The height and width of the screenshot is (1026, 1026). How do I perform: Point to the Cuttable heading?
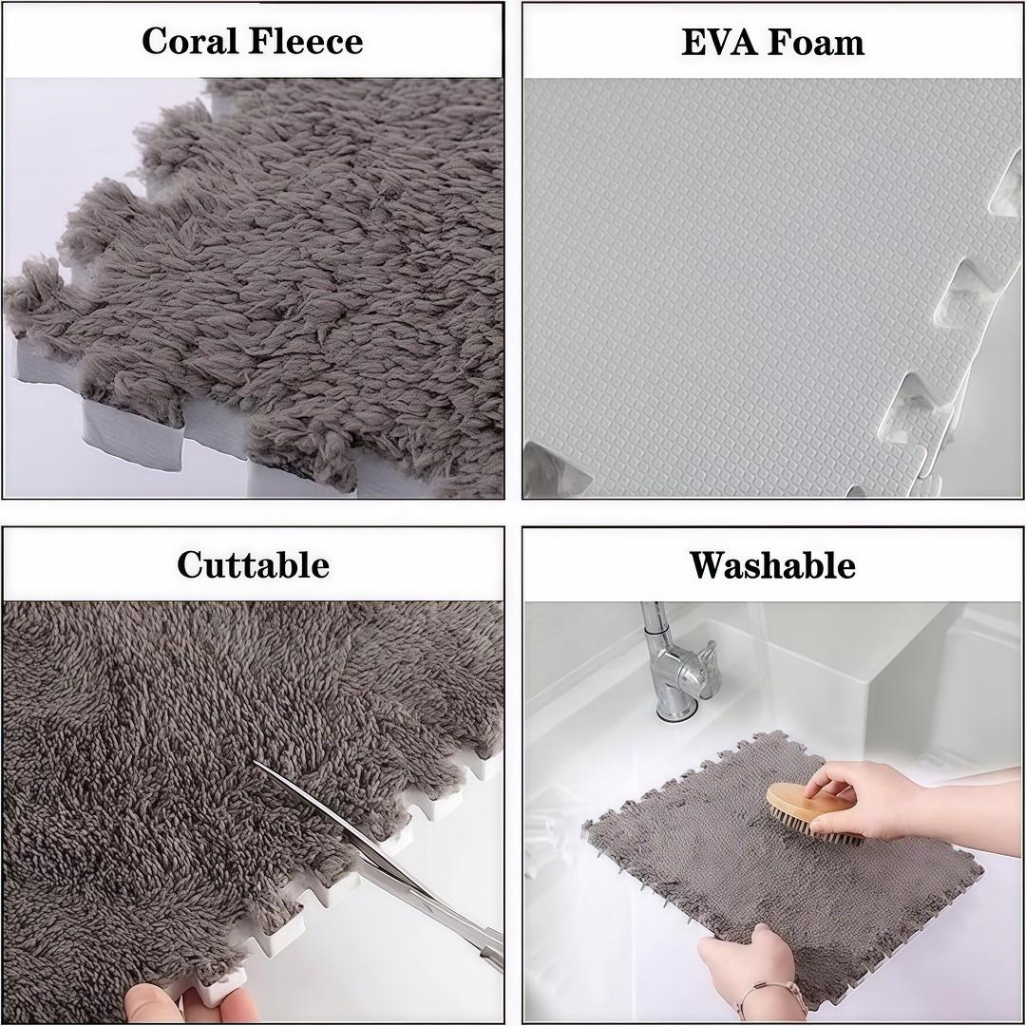click(x=253, y=564)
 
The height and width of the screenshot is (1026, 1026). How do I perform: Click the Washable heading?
click(x=772, y=564)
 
